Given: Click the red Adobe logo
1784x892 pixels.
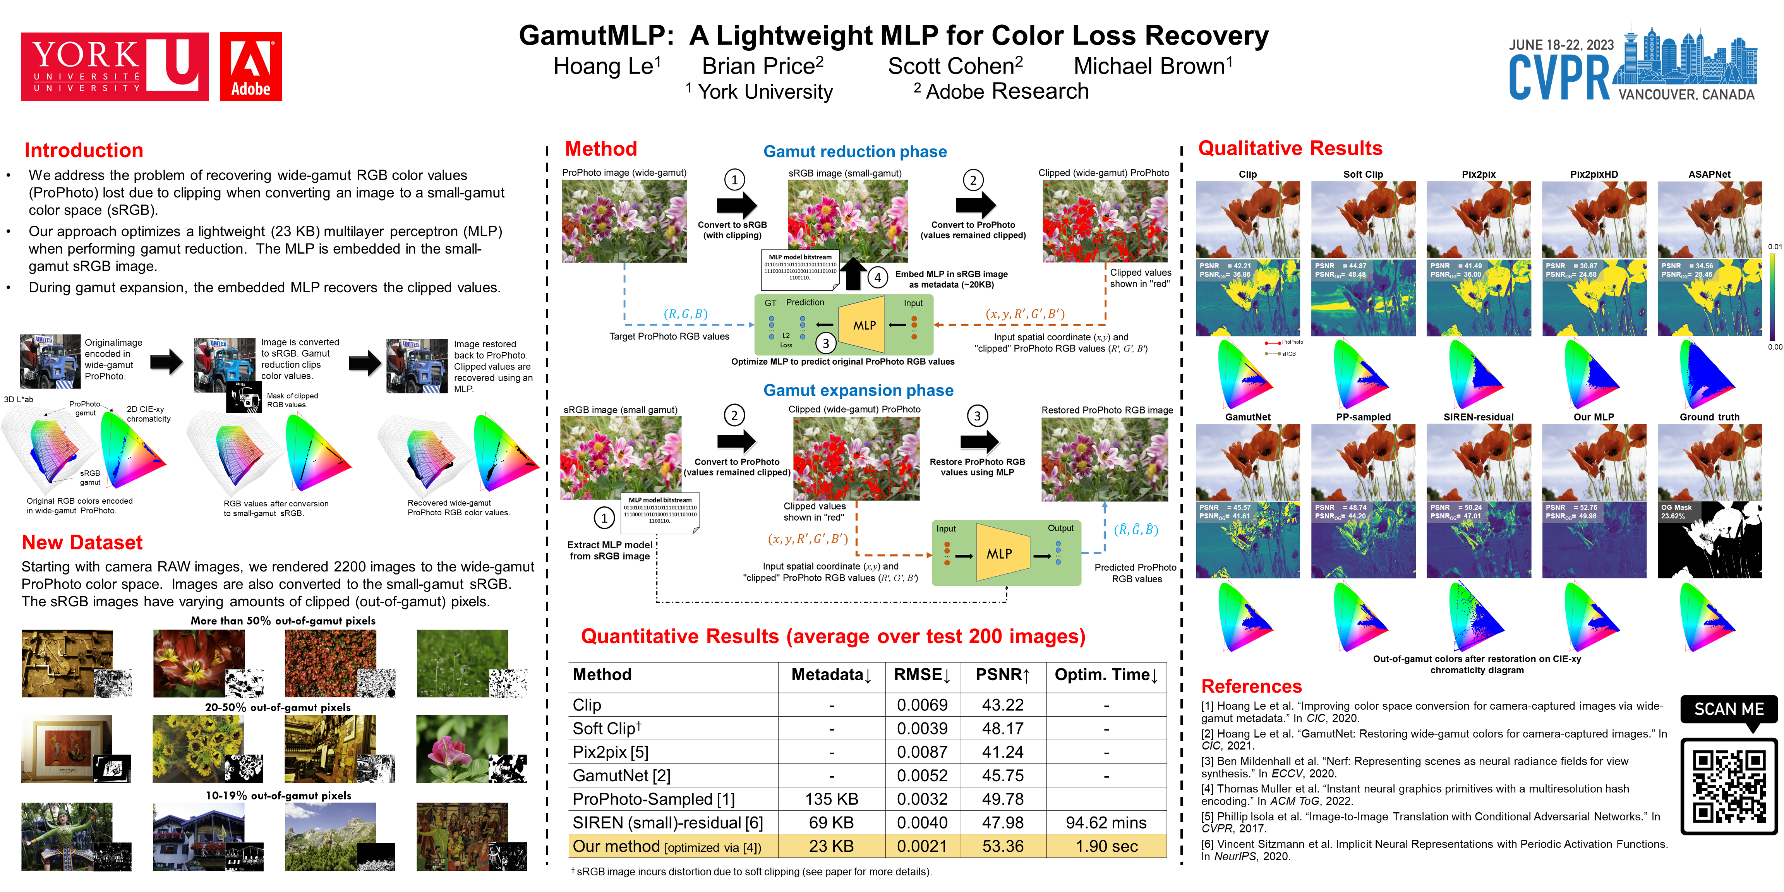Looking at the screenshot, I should point(251,67).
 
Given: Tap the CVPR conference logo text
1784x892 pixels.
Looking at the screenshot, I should point(1559,77).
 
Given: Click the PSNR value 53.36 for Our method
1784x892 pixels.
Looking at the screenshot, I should point(1002,846).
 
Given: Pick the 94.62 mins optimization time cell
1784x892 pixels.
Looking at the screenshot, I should point(1106,823).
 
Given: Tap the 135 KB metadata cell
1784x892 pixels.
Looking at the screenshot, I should point(831,799).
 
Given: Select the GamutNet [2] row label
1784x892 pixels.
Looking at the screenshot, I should point(621,775).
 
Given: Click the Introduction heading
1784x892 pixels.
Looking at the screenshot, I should point(84,150).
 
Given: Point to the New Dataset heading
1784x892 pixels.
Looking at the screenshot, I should point(82,542).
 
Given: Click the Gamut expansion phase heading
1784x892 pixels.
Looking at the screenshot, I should point(858,391).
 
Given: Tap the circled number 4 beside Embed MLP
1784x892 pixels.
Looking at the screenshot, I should point(877,278).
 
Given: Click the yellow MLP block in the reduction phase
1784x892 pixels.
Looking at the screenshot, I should point(863,325).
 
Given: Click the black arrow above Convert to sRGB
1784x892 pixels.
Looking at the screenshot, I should point(736,205).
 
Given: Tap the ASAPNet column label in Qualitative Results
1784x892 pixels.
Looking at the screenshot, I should point(1709,175).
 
